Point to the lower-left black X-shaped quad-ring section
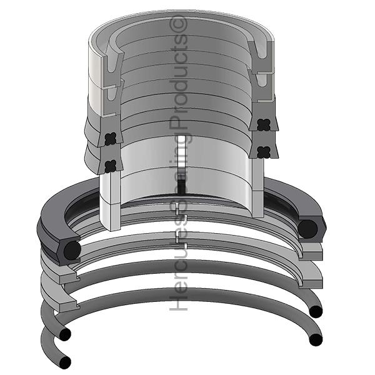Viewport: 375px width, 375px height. (x=110, y=166)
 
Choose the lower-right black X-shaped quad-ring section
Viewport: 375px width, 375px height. (x=262, y=151)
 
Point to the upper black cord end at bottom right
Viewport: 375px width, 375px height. (x=316, y=311)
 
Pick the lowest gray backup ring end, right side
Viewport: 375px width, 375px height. (x=312, y=278)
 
